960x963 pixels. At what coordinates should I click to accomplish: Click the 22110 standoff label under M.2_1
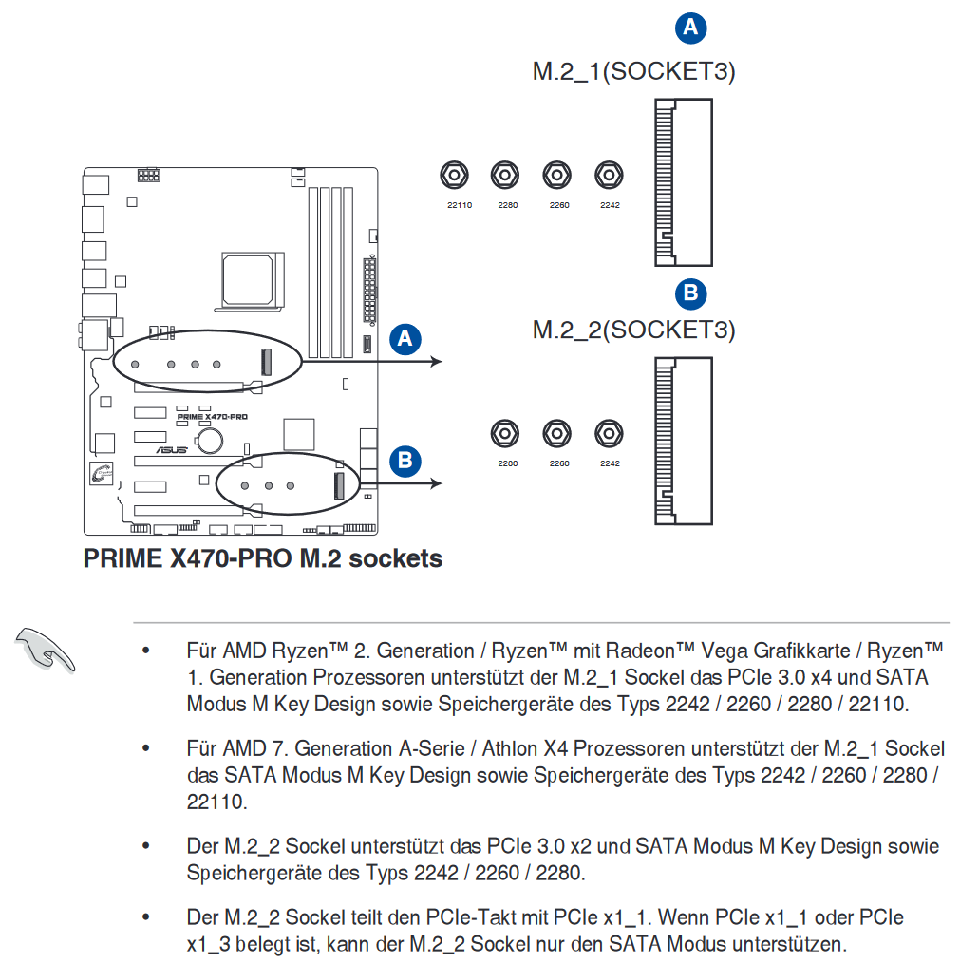point(460,205)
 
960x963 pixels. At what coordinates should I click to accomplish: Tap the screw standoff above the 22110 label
point(455,175)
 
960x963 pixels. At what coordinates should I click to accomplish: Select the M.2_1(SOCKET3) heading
point(634,71)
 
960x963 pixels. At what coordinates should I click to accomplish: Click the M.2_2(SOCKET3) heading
point(634,330)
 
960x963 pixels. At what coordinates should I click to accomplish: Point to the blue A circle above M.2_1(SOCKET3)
point(691,28)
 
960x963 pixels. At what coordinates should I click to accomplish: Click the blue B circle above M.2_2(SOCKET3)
point(691,293)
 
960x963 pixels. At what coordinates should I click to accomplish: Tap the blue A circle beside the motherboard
point(405,339)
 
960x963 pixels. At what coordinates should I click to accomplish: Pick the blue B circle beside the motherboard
point(405,462)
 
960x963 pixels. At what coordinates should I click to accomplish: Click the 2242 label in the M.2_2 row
point(610,463)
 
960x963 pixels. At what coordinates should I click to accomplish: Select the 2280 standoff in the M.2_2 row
point(505,434)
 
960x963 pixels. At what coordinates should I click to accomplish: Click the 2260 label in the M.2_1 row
point(559,205)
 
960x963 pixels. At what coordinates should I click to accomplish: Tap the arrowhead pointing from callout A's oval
point(437,361)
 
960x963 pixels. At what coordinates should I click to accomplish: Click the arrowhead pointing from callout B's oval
point(437,483)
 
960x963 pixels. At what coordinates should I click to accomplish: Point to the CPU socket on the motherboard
point(250,281)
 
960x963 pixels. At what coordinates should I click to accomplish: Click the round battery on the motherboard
point(210,440)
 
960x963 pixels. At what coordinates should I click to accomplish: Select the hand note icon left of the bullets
point(45,650)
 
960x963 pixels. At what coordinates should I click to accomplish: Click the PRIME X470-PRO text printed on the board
point(213,416)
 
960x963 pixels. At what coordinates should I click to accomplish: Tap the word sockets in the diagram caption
point(396,558)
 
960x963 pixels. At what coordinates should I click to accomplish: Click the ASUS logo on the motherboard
point(171,449)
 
